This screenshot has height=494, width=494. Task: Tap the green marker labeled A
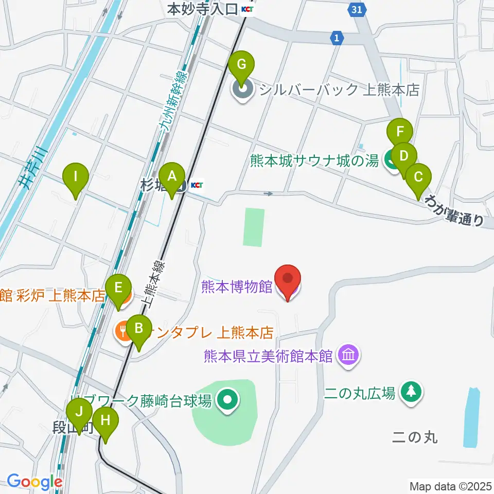tap(172, 176)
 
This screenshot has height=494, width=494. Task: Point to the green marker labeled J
tap(79, 412)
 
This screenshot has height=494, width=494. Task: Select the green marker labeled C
tap(418, 178)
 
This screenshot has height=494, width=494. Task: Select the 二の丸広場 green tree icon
tap(411, 393)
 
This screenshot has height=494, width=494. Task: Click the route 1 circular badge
tap(337, 38)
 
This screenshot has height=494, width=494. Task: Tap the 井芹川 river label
tap(36, 167)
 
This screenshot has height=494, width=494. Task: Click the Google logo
tap(34, 482)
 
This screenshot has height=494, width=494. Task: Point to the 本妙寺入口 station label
tap(203, 9)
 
